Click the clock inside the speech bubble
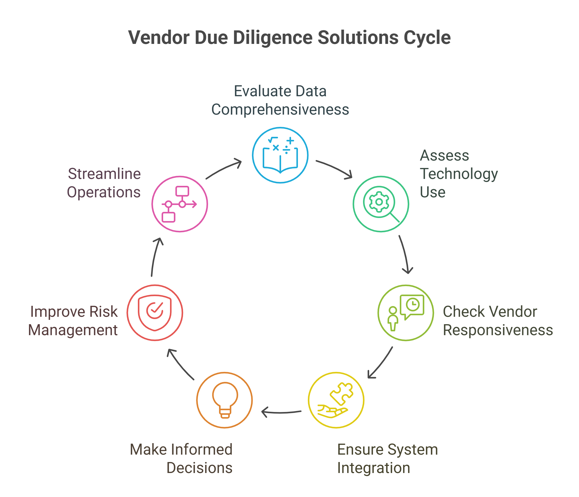point(413,305)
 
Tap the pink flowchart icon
point(179,204)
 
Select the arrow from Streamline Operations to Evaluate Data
point(224,169)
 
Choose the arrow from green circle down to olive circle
point(405,254)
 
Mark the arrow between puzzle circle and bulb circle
point(281,412)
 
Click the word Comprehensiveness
point(280,110)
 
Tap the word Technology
point(459,174)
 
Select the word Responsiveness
point(498,330)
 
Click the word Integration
point(373,468)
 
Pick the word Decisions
point(199,468)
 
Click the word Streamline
point(104,174)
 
